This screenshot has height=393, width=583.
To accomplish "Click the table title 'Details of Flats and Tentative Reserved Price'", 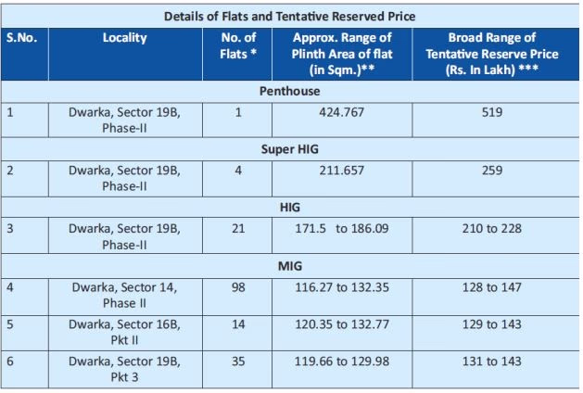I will (289, 16).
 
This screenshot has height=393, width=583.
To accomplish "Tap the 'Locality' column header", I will (124, 38).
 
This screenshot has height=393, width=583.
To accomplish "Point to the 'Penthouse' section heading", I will (289, 92).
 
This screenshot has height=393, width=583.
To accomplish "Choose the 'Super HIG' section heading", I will (289, 148).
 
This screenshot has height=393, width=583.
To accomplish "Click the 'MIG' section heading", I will (289, 266).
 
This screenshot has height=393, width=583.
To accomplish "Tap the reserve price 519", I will (492, 112).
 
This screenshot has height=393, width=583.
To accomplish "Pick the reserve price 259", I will (492, 171).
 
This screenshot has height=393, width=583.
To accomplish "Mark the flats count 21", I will (238, 229).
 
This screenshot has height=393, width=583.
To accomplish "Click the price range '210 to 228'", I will (492, 229).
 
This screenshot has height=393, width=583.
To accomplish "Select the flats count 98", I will (238, 287).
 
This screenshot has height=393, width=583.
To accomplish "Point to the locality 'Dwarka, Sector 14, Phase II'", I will (124, 295).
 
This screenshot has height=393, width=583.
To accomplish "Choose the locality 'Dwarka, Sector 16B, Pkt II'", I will (124, 332).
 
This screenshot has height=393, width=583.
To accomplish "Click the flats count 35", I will (238, 361).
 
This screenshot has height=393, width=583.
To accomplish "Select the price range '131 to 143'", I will (492, 361).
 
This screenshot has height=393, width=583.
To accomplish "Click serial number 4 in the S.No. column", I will (10, 287).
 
